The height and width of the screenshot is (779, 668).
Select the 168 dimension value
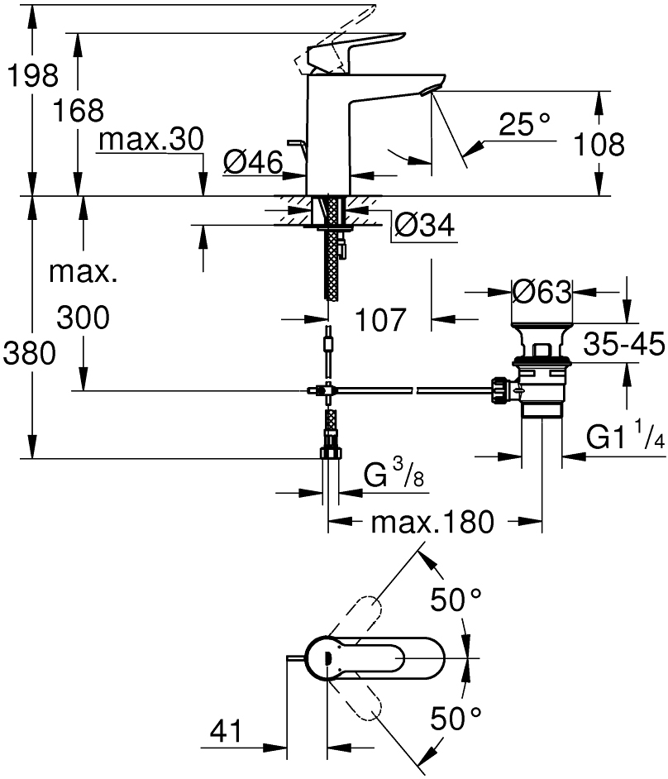80,110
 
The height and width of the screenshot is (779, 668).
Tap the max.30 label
150,141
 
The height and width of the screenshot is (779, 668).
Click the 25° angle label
524,125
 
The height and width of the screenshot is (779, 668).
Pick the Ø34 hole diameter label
424,225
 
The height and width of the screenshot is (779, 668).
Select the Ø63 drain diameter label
542,291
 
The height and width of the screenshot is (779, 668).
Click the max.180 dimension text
432,522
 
